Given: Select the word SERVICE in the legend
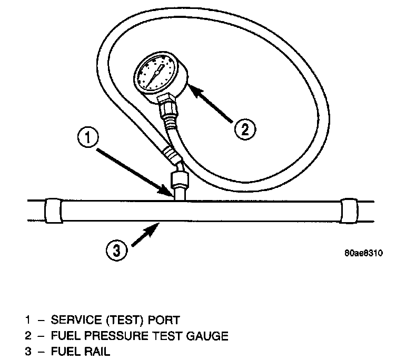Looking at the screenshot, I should click(73, 319).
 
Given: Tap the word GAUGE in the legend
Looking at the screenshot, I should click(208, 335).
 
